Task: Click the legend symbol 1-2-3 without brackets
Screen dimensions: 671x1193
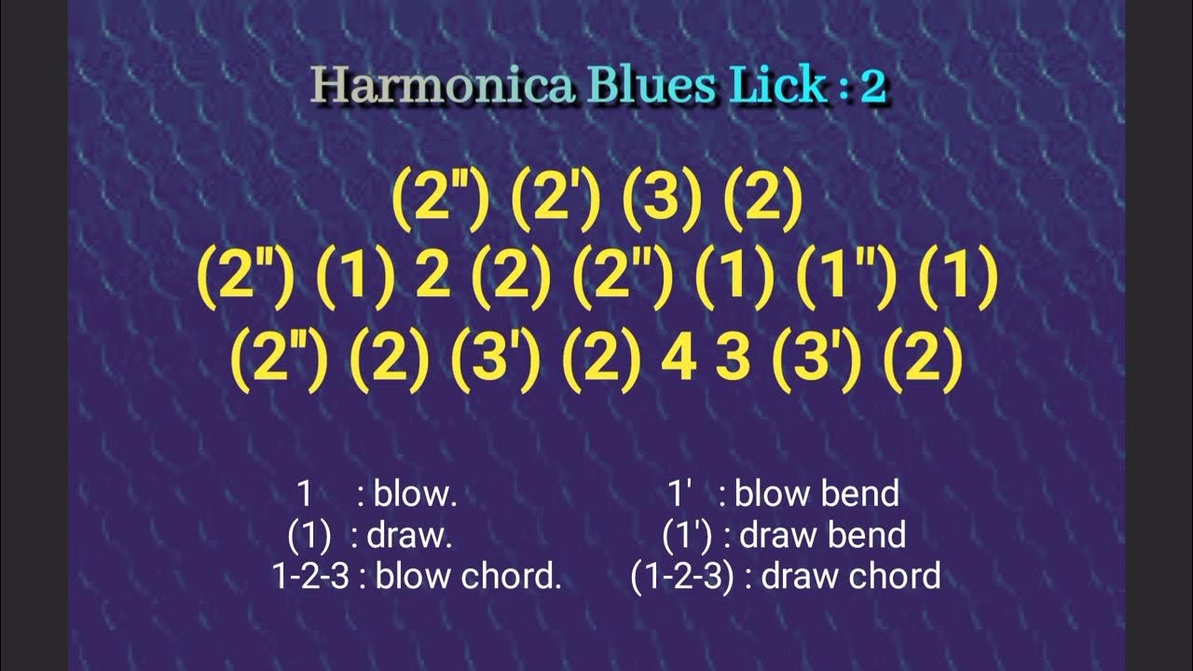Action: tap(310, 577)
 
